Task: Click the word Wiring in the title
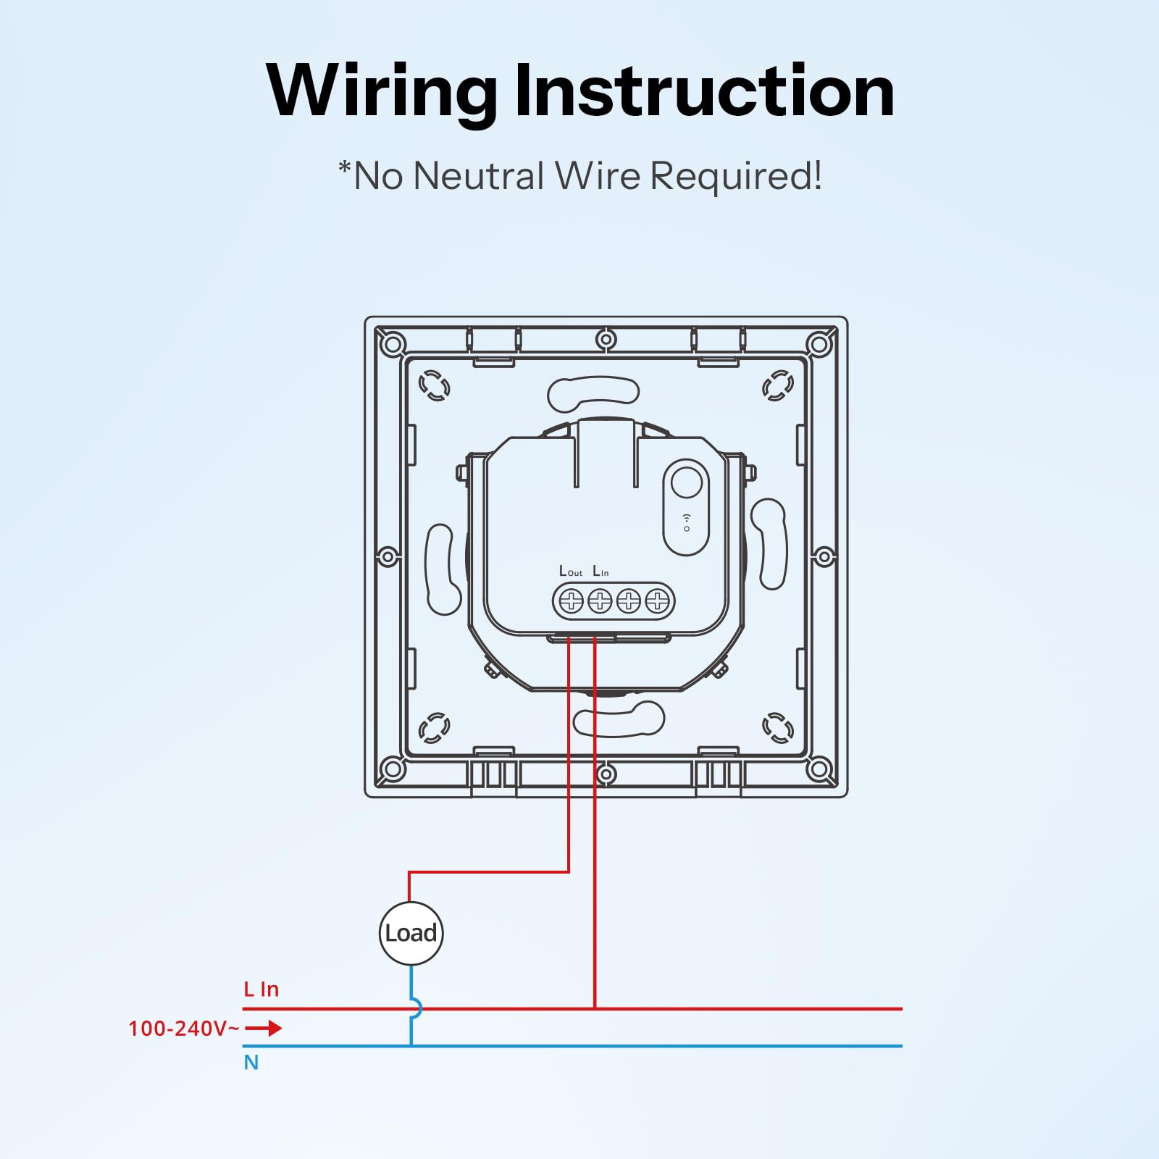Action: click(381, 93)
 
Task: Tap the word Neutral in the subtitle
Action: click(478, 176)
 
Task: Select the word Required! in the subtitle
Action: click(736, 176)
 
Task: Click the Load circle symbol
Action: click(411, 933)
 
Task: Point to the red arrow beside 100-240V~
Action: click(264, 1028)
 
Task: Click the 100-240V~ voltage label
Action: click(183, 1029)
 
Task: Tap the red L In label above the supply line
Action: click(261, 989)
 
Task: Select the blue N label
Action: click(251, 1063)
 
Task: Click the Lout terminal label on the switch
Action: click(571, 572)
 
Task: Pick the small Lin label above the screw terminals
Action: click(601, 572)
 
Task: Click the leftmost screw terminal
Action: click(572, 601)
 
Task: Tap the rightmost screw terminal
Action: click(657, 601)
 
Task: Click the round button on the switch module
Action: click(686, 482)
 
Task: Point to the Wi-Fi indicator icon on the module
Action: click(687, 522)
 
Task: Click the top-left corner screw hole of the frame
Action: click(393, 344)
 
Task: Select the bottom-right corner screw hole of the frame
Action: click(819, 769)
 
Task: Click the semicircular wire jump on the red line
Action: click(418, 1008)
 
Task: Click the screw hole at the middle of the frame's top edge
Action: click(606, 339)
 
